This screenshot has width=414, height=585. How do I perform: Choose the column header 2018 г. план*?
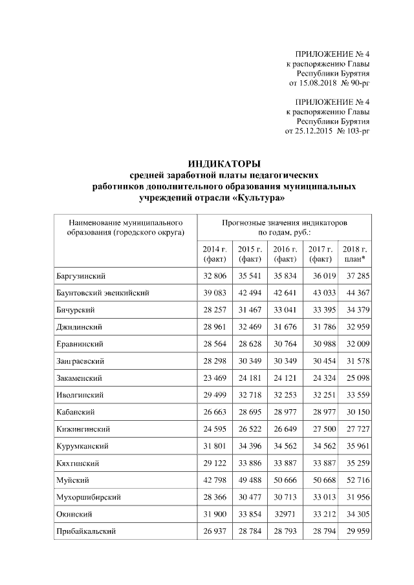pyautogui.click(x=354, y=254)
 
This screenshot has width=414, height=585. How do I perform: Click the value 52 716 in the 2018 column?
pyautogui.click(x=354, y=480)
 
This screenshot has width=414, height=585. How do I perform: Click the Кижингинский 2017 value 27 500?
pyautogui.click(x=320, y=429)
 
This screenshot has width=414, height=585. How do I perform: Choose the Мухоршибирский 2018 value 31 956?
pyautogui.click(x=354, y=497)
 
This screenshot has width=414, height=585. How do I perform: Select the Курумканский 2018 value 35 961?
pyautogui.click(x=354, y=446)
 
